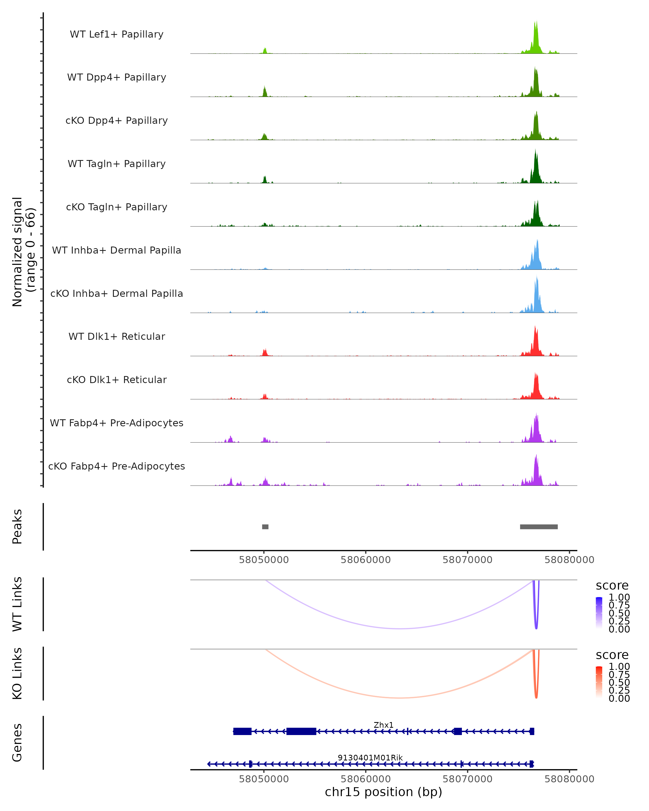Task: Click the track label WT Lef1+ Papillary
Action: pos(117,34)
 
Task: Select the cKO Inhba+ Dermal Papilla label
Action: pos(117,293)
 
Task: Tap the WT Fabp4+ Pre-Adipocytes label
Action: pos(117,423)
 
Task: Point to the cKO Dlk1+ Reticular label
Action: pos(117,380)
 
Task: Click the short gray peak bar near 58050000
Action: pos(265,527)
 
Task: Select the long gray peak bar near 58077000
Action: pos(539,527)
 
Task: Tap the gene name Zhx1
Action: pos(383,725)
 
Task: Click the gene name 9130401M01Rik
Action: pos(370,757)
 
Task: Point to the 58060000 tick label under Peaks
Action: pos(366,560)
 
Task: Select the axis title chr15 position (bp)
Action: pos(383,792)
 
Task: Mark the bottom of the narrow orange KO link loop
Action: pos(536,697)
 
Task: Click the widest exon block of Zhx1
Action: pos(301,731)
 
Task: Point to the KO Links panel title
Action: pos(17,673)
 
